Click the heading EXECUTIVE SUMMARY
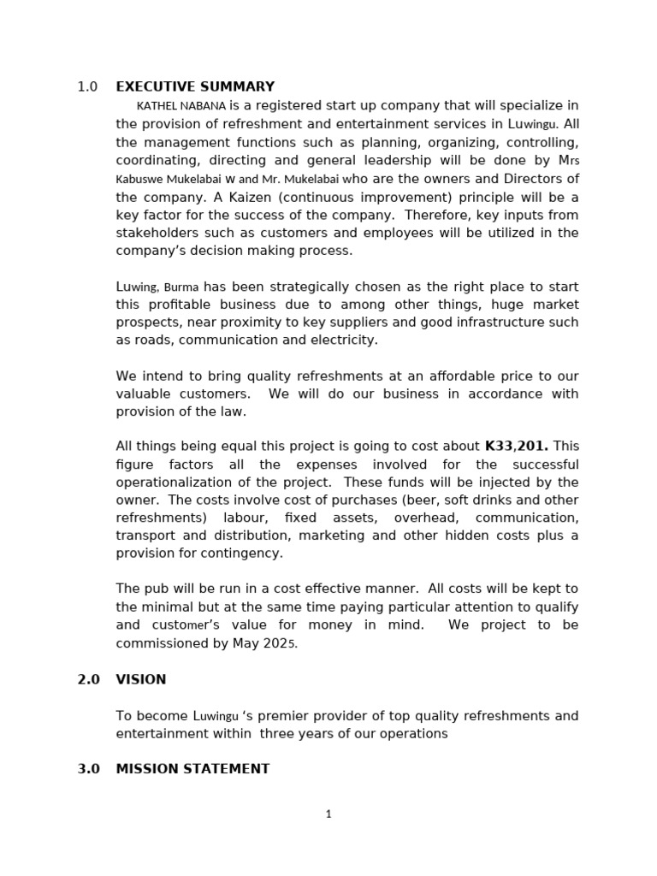195,86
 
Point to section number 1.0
88,86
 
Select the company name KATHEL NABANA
181,106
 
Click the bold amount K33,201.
516,446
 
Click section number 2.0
88,679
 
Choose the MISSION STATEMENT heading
192,768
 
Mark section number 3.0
88,768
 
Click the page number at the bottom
328,814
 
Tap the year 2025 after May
282,643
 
